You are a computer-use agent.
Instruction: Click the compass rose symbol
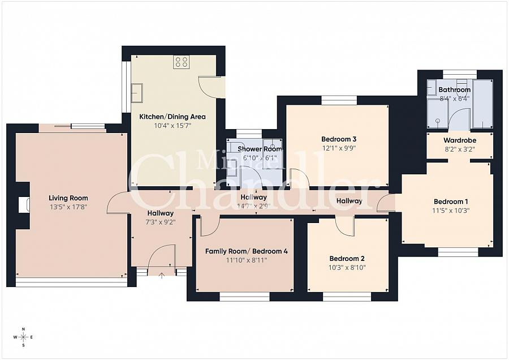click(23, 337)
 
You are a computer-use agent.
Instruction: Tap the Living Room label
click(68, 198)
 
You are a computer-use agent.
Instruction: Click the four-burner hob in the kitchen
click(182, 62)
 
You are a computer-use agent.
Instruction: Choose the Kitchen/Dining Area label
click(172, 117)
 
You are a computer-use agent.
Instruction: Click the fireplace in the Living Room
click(23, 205)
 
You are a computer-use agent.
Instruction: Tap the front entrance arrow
click(162, 276)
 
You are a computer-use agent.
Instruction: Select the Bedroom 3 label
click(338, 139)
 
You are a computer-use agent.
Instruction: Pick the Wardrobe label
click(459, 140)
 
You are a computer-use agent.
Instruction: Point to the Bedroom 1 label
click(451, 202)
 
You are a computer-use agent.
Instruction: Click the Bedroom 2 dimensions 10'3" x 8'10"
click(347, 268)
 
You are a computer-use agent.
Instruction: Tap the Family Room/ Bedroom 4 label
click(246, 251)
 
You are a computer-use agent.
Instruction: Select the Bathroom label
click(455, 90)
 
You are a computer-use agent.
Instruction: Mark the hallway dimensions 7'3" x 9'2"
click(161, 222)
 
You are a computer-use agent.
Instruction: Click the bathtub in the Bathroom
click(482, 104)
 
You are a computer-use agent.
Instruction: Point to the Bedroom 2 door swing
click(344, 225)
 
